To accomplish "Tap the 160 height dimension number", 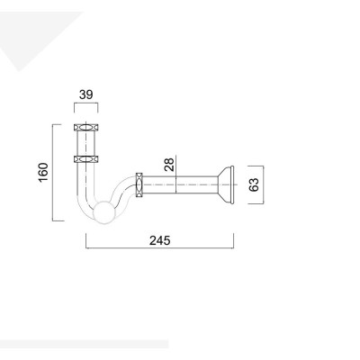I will coord(41,171).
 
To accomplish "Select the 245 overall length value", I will coord(160,241).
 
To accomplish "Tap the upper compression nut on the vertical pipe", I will coord(85,127).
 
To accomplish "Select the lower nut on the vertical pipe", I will coord(85,158).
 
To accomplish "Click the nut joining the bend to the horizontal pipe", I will coord(139,184).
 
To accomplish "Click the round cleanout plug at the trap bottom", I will coord(107,212).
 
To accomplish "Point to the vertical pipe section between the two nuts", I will coord(85,143).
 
